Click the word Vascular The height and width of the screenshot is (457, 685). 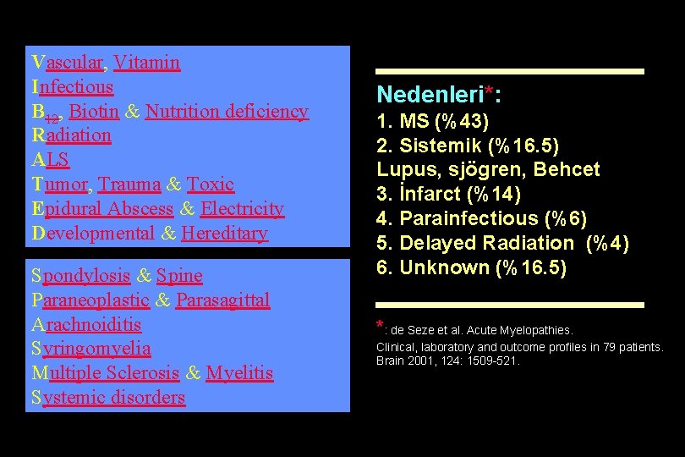67,63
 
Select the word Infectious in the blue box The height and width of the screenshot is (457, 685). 72,87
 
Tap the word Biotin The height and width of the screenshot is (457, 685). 94,112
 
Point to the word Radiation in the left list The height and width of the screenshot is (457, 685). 71,135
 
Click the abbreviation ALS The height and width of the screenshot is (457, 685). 50,160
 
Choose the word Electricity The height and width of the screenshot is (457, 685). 242,209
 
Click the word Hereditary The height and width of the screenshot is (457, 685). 224,234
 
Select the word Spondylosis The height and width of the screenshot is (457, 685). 80,276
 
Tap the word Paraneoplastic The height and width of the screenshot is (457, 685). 90,300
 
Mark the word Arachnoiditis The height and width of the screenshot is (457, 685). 85,325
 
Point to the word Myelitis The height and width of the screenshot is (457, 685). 239,373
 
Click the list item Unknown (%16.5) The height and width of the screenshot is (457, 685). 472,267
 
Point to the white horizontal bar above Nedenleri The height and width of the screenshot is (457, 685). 510,71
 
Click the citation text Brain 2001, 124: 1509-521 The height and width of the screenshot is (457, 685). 448,361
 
